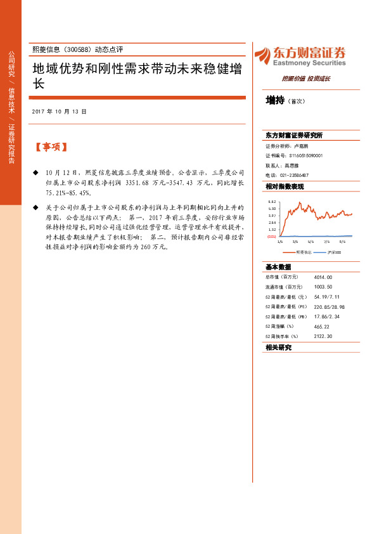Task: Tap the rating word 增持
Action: click(x=275, y=100)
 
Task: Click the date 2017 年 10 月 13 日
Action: click(x=59, y=111)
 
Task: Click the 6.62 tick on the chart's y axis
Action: click(x=272, y=202)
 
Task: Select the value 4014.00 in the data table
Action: click(x=323, y=277)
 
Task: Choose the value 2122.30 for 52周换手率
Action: click(x=323, y=336)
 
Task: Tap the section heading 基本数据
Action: click(x=278, y=267)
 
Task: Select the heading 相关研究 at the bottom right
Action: click(x=278, y=348)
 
